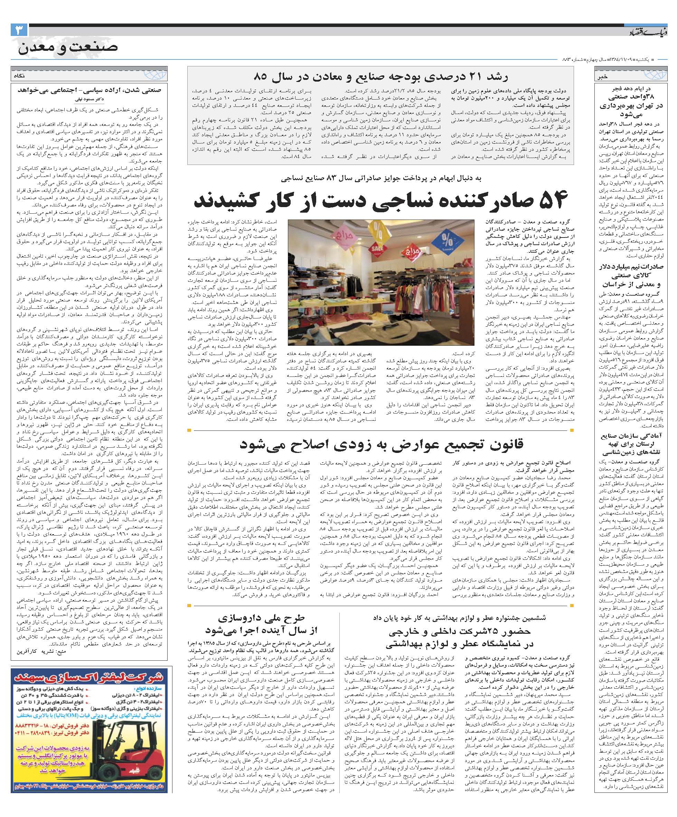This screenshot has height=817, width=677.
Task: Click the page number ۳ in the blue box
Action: click(19, 30)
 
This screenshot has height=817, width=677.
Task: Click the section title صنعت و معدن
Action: click(67, 47)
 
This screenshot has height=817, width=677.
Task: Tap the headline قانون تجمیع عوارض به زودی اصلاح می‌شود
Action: click(381, 445)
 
